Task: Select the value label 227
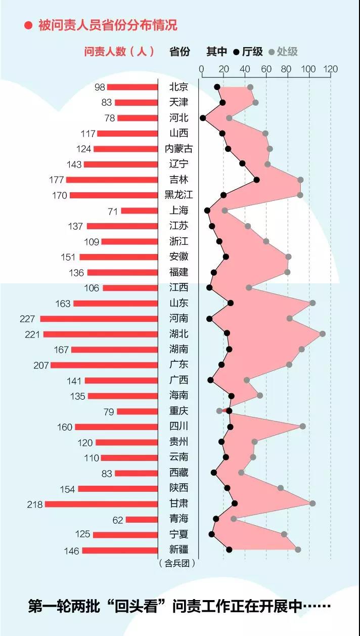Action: coord(28,319)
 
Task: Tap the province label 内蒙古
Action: coord(178,149)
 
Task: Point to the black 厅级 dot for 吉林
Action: coord(256,180)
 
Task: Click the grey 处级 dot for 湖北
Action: coord(322,333)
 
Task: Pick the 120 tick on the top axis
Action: coord(331,69)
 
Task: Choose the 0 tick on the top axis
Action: coord(201,69)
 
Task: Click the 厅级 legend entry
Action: coord(248,51)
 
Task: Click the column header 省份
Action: coord(179,51)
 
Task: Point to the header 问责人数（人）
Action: coord(119,51)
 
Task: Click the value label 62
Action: coord(118,520)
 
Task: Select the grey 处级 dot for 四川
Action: coord(302,426)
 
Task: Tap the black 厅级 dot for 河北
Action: coord(203,118)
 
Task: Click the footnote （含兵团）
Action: coord(177,562)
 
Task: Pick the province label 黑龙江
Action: coord(178,195)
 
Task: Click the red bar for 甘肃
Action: coord(101,504)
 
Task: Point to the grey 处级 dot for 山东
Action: coord(312,303)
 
